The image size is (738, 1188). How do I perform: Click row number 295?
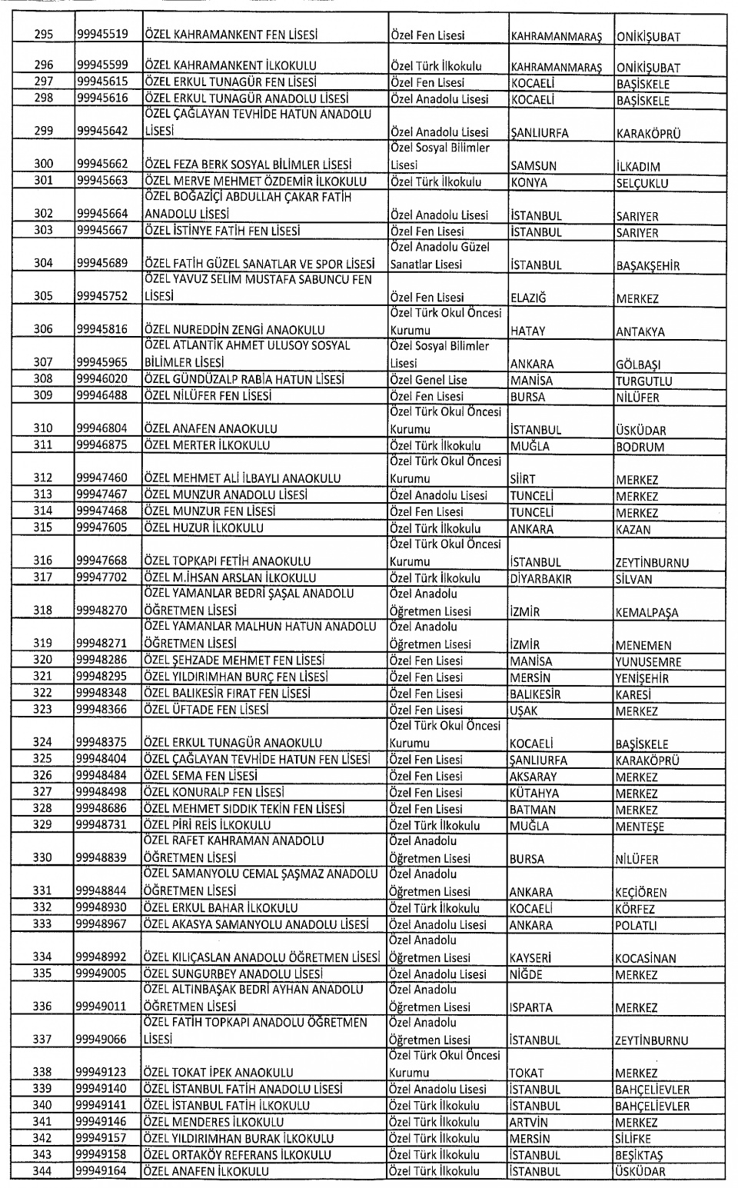pyautogui.click(x=44, y=35)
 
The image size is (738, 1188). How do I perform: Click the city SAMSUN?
pyautogui.click(x=534, y=166)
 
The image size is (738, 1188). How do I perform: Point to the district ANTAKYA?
pyautogui.click(x=642, y=332)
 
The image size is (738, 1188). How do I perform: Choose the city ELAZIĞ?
pyautogui.click(x=532, y=298)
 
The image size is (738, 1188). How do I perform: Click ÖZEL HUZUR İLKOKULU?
pyautogui.click(x=204, y=528)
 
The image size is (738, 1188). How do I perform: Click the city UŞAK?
pyautogui.click(x=527, y=711)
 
